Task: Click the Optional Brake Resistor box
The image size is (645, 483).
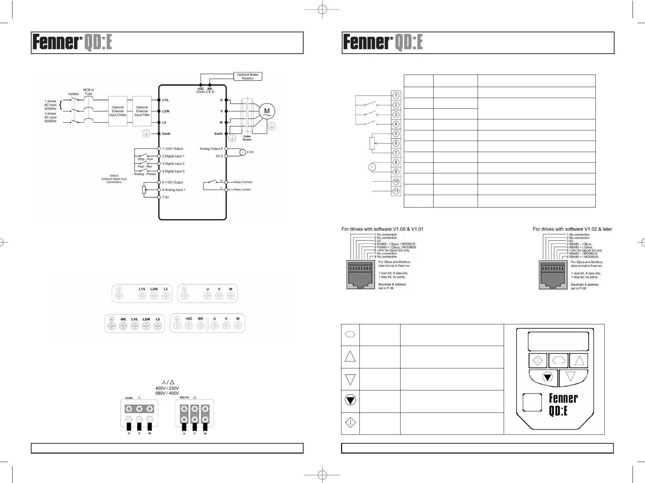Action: point(248,76)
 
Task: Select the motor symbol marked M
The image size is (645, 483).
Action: point(267,111)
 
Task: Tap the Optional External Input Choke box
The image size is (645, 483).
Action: point(118,111)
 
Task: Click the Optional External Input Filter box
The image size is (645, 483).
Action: point(142,111)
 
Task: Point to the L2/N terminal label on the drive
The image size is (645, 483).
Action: point(166,111)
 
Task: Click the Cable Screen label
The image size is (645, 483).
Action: point(247,138)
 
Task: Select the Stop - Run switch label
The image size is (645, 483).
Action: point(145,159)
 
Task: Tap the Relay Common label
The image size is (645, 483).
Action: point(243,182)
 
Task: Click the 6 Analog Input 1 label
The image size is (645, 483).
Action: point(174,190)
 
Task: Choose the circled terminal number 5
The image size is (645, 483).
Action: point(396,134)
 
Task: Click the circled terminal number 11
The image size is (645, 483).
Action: point(396,191)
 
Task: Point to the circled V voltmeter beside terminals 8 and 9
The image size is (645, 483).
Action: point(372,167)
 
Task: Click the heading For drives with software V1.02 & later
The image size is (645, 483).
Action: point(572,229)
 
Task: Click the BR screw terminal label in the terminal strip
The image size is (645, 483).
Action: point(200,319)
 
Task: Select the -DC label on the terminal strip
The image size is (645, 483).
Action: point(123,319)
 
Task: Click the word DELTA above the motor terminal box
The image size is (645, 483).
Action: point(184,397)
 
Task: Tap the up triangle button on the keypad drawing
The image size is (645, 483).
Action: point(579,361)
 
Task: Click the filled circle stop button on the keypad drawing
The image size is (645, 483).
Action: point(547,377)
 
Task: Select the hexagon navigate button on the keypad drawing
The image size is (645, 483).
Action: point(558,361)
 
